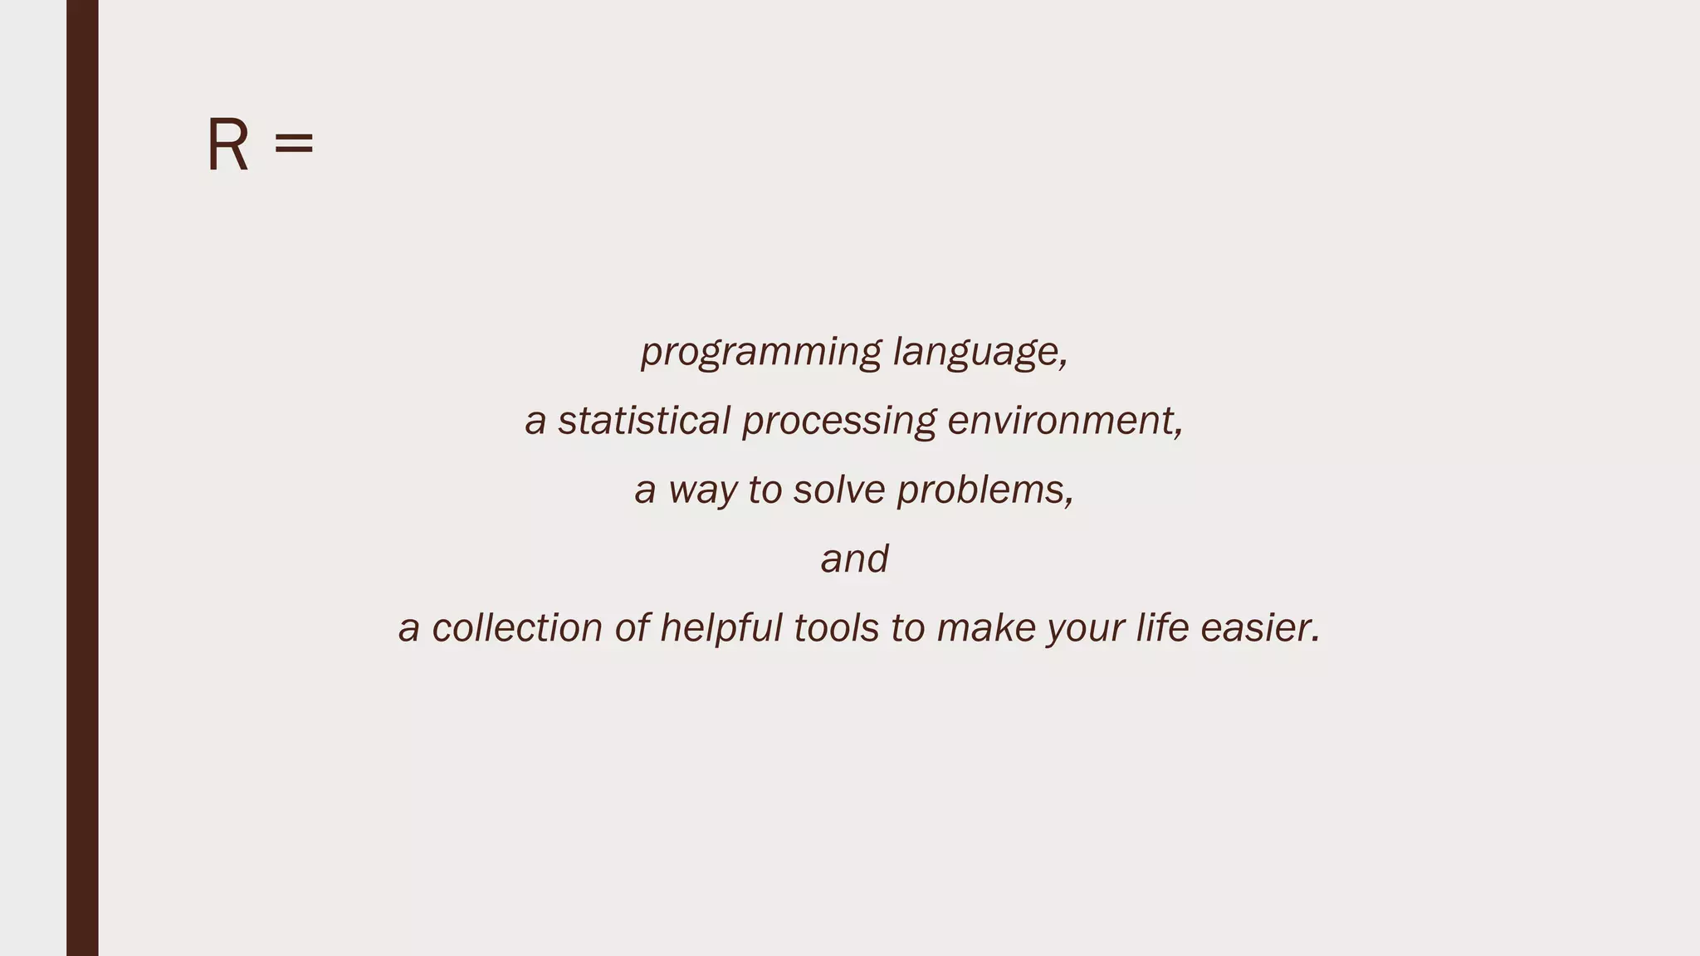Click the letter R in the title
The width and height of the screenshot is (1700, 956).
coord(227,145)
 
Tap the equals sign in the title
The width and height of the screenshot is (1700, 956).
coord(294,144)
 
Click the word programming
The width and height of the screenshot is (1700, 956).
coord(760,352)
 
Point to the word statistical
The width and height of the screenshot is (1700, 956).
coord(643,421)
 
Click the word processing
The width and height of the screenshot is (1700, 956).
coord(838,422)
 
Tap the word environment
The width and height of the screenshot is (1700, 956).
coord(1064,421)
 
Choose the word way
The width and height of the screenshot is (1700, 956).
coord(702,490)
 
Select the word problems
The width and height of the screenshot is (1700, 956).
coord(984,490)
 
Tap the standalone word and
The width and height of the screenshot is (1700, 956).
coord(854,558)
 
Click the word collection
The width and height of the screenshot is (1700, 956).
coord(516,627)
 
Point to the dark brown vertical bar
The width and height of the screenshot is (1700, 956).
coord(82,478)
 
